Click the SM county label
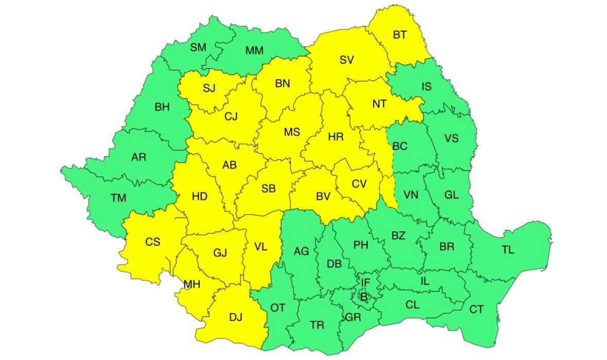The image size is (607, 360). point(198,47)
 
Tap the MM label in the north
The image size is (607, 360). point(254,50)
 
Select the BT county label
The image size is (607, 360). point(400,35)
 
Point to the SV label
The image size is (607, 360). point(346,60)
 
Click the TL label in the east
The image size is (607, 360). point(508,250)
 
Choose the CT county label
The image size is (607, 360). point(477,309)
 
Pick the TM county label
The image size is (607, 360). point(118,197)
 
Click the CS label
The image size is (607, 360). point(152,242)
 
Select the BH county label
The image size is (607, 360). point(162,108)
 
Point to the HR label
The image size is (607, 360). point(336,137)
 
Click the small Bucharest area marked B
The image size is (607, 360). point(363,297)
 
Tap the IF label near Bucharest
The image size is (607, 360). point(365,282)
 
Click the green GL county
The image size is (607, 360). point(451,195)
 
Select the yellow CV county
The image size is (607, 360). point(359,183)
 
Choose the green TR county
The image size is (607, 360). point(317,325)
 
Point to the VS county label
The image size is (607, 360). point(451,138)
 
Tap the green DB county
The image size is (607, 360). point(334,264)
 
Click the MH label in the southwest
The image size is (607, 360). point(193,283)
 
